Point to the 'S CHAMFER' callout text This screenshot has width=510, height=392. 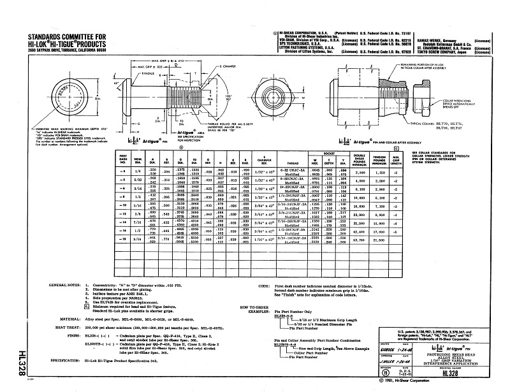point(229,84)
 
